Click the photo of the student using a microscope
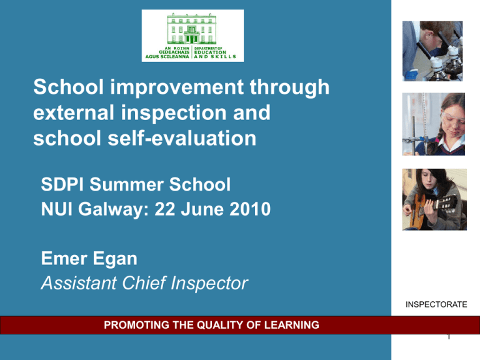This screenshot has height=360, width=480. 433,52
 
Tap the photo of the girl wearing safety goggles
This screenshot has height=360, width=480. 433,124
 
